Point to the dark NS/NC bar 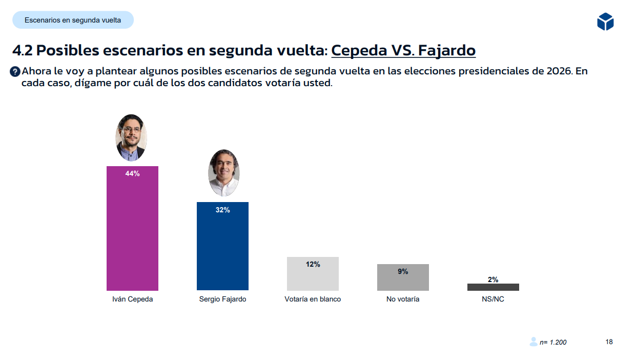[x=493, y=287]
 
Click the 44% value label [x=132, y=173]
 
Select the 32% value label [x=222, y=210]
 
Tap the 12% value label [x=313, y=264]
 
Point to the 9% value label [x=403, y=271]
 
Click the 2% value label [x=493, y=279]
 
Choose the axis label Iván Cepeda [x=132, y=299]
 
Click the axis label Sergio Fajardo [x=222, y=299]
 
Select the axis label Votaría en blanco [x=313, y=299]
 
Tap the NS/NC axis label [x=493, y=299]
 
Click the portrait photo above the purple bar [x=131, y=137]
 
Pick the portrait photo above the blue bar [x=224, y=173]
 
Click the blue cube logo [x=605, y=22]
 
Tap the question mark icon [x=15, y=72]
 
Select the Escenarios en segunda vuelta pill [x=73, y=20]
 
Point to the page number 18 [x=609, y=342]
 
